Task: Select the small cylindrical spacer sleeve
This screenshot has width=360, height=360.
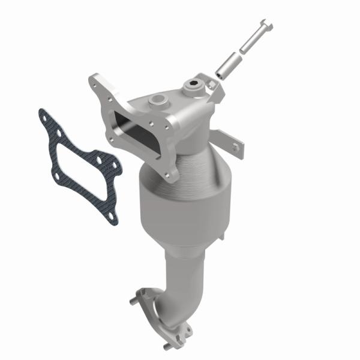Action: (x=230, y=64)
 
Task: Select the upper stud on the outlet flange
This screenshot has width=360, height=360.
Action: (x=138, y=295)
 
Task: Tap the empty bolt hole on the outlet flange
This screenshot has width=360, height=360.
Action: (x=185, y=328)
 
